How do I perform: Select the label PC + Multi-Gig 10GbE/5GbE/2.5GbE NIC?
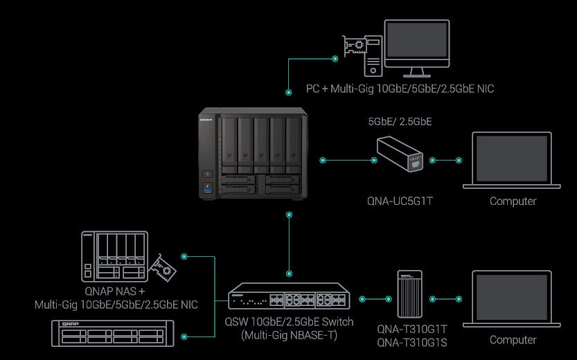point(400,89)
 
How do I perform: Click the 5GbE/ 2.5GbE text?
point(400,121)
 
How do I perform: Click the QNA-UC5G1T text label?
point(400,201)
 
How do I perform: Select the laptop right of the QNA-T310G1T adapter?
point(513,299)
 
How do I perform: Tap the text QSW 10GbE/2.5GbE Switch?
point(289,322)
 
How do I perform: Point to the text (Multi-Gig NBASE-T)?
point(289,335)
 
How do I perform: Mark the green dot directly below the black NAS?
point(288,215)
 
